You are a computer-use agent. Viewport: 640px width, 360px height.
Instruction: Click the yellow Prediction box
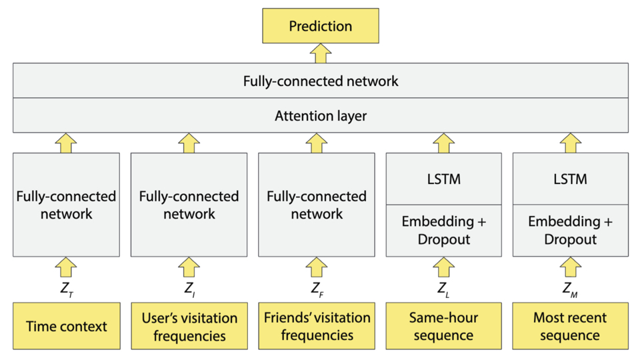[321, 26]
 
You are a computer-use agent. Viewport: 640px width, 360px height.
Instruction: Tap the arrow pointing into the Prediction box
[321, 53]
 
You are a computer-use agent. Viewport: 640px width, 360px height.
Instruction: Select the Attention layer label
[321, 116]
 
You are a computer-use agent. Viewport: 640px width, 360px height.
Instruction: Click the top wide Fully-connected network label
[321, 81]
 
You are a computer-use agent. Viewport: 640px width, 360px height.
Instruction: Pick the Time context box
[67, 326]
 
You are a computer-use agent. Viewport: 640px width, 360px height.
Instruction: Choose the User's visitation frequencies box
[189, 326]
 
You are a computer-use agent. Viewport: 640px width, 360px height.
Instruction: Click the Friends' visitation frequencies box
[317, 326]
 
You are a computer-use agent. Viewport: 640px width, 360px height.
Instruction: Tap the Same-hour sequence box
[444, 326]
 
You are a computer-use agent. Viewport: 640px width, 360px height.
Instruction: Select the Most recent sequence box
[570, 326]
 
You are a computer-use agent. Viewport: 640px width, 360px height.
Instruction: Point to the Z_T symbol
[67, 289]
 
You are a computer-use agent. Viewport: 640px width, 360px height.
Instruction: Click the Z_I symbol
[189, 289]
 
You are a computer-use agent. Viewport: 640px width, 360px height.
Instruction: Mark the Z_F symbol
[317, 289]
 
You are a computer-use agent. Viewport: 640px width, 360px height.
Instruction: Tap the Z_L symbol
[444, 289]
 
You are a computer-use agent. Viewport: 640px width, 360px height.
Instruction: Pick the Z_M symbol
[570, 289]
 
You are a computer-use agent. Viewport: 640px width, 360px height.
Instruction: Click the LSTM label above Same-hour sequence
[444, 179]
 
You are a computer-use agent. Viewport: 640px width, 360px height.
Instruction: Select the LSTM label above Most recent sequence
[570, 179]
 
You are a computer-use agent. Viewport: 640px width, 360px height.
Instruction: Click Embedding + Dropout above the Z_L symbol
[444, 230]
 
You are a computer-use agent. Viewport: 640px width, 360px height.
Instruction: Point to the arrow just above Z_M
[570, 267]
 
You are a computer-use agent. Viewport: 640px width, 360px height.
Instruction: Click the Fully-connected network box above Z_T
[66, 205]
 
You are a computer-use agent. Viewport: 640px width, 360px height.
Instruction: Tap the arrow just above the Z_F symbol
[317, 267]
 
